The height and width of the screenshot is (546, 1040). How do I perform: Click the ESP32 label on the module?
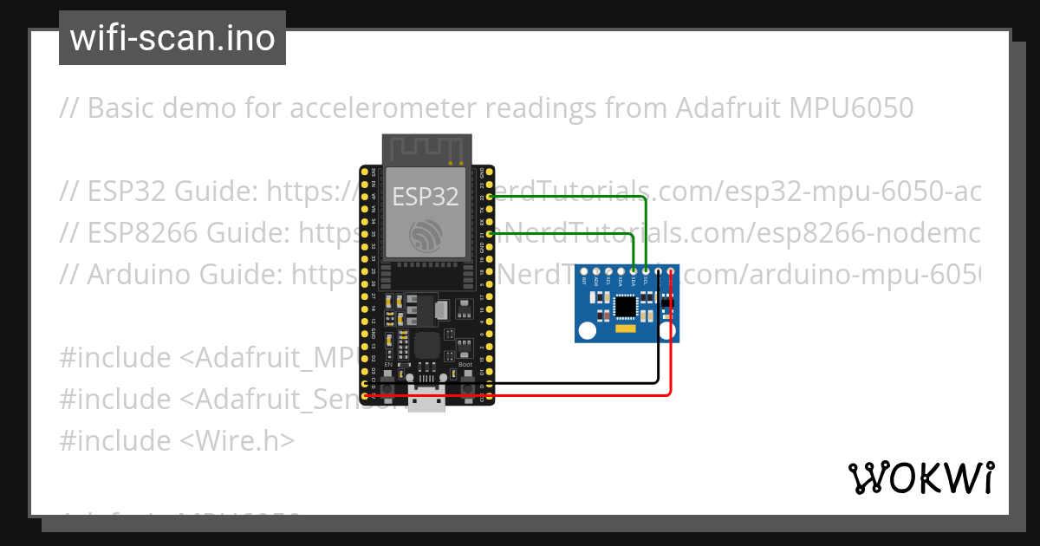(426, 197)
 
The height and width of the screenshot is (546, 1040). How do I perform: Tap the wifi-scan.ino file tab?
(172, 38)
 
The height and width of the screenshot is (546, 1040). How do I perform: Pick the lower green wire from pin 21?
(563, 234)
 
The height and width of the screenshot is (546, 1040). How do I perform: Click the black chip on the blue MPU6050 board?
(626, 305)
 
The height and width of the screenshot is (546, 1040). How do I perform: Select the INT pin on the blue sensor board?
(584, 273)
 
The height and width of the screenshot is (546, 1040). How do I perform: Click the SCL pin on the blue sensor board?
(646, 273)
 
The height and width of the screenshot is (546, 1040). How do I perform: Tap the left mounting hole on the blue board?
(587, 330)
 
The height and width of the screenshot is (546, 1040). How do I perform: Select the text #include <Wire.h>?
(177, 440)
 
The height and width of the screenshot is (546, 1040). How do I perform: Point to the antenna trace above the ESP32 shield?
(426, 149)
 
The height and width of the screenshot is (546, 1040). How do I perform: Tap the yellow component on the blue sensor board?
(624, 330)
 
